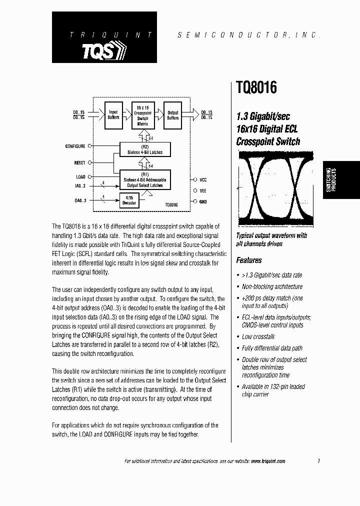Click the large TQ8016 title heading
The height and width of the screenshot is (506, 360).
(256, 88)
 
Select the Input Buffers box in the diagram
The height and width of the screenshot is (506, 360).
(113, 115)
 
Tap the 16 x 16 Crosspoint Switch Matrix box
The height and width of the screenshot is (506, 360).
(143, 115)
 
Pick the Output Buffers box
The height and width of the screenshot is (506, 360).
(173, 115)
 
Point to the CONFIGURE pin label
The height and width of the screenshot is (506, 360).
(75, 146)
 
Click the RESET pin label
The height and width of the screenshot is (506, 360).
(79, 162)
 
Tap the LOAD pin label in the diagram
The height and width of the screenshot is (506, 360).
(80, 176)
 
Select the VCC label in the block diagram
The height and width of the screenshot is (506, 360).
(203, 179)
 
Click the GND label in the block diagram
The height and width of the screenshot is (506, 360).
(203, 201)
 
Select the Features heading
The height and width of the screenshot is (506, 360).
(249, 260)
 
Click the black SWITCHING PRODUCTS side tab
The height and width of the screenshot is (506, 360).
(341, 180)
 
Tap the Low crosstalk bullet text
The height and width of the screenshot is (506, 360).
(258, 336)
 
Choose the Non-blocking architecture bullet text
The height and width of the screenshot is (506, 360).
(272, 286)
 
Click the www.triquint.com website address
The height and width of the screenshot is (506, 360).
(268, 461)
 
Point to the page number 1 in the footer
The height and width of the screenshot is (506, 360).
(318, 460)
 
